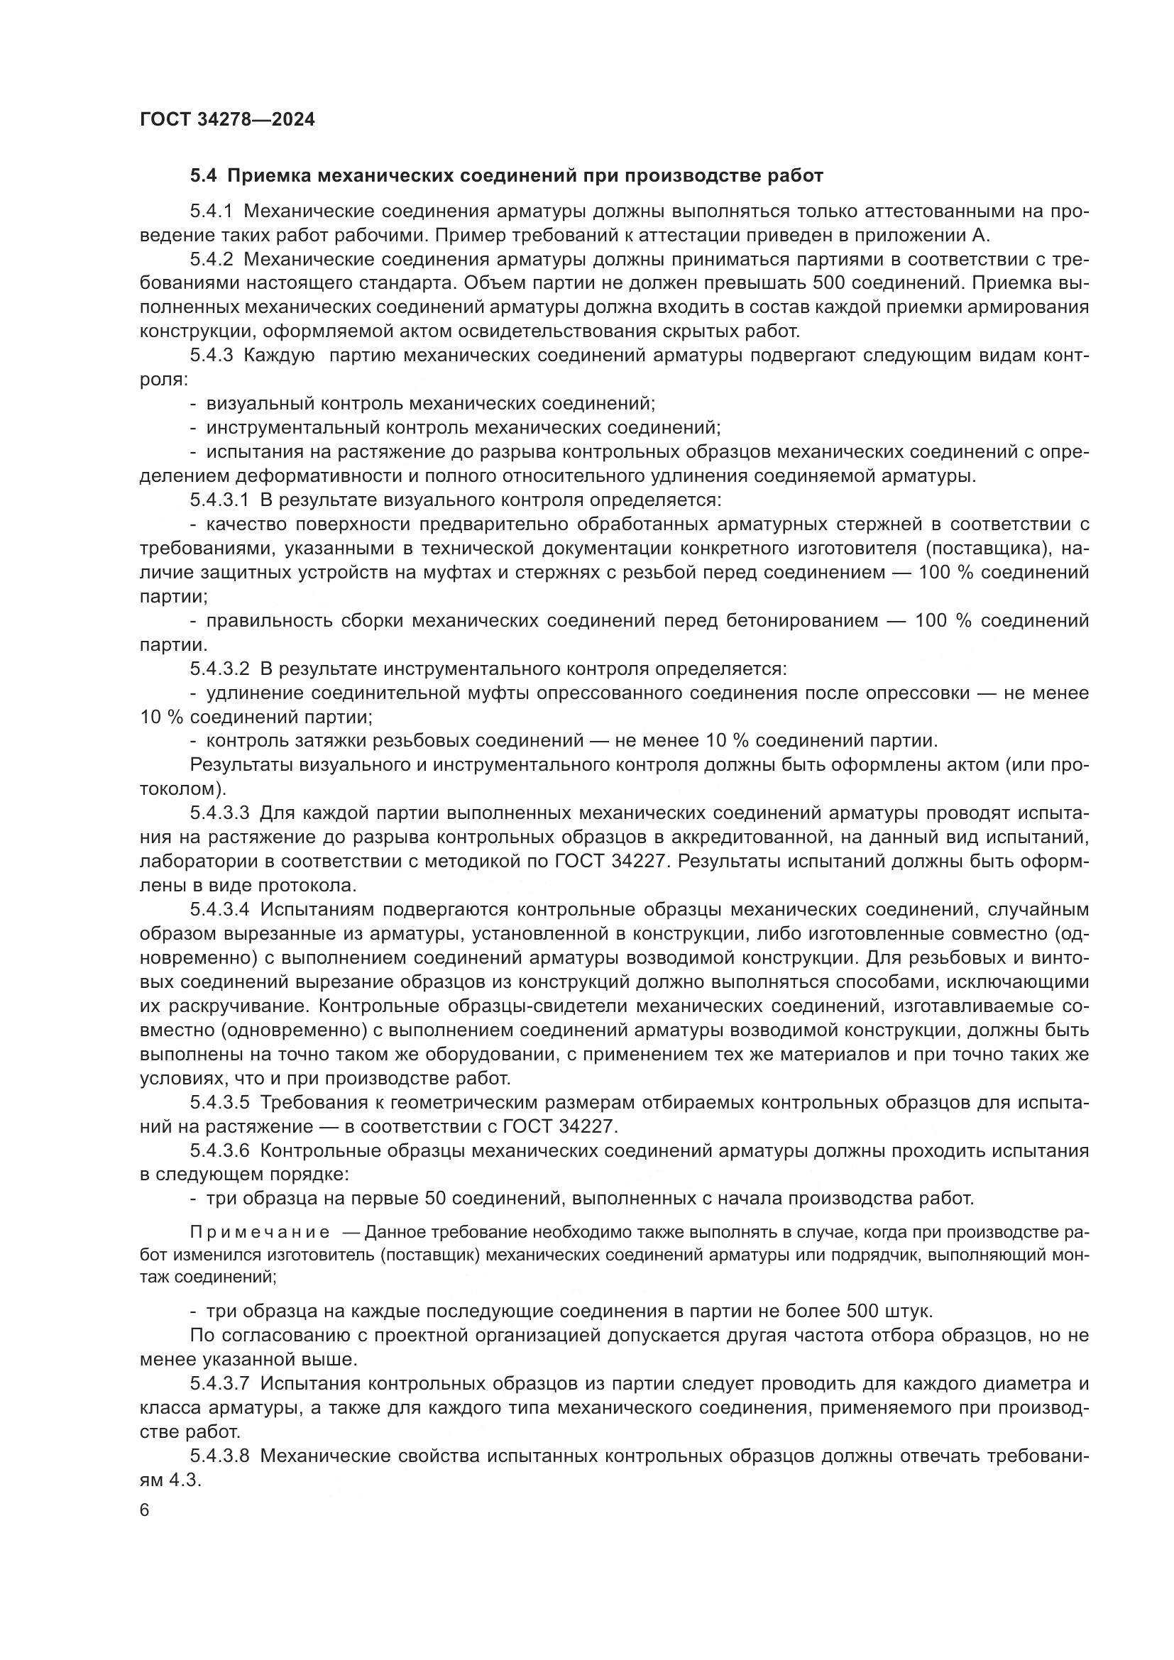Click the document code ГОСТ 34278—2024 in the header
227,120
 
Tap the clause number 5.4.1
211,211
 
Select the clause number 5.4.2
211,260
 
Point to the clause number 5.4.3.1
220,500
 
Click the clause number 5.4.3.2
220,669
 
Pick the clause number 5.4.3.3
220,813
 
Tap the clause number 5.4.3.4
220,910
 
